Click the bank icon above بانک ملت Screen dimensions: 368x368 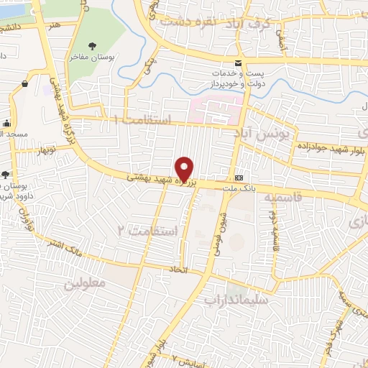(239, 178)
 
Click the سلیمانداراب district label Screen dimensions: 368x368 (236, 297)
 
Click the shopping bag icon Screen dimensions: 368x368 (24, 84)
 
